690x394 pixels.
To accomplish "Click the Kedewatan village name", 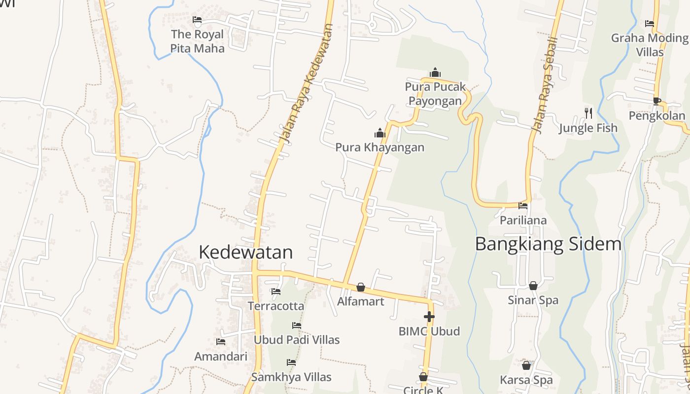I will [x=245, y=252].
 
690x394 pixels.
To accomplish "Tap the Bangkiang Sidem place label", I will [x=548, y=244].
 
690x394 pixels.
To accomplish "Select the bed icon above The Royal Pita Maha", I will [x=197, y=20].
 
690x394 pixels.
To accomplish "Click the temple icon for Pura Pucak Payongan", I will [x=435, y=72].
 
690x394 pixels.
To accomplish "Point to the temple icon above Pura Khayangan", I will [x=379, y=133].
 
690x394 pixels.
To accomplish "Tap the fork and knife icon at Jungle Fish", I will [x=588, y=113].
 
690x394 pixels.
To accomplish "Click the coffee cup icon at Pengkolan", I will [x=656, y=101].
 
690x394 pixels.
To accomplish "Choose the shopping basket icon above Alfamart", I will [x=361, y=287].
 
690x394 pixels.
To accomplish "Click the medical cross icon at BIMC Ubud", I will [x=429, y=317].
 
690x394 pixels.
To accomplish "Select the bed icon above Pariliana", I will [x=523, y=206].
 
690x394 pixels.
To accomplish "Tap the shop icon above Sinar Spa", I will [x=533, y=286].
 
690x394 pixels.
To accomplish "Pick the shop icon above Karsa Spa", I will [x=526, y=365].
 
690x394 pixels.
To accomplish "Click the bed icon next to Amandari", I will [x=221, y=342].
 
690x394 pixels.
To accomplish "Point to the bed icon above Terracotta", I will [x=276, y=292].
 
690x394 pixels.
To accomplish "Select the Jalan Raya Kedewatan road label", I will [x=305, y=84].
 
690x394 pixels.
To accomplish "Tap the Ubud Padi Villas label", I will [x=296, y=340].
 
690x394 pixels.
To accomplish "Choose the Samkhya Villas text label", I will [x=291, y=377].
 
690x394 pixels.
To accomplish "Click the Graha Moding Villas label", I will [x=650, y=44].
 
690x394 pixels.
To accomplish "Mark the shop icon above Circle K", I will [x=423, y=377].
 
